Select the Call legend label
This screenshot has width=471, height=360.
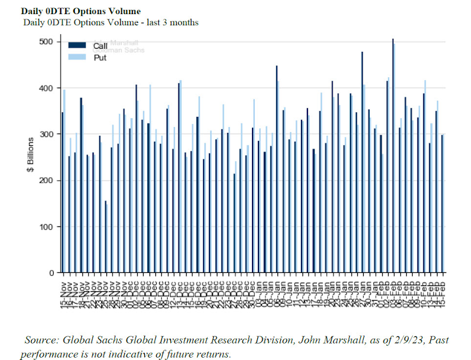101,46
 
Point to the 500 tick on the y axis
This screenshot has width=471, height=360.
47,42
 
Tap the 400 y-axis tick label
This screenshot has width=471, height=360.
47,88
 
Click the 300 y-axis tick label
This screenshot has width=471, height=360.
47,134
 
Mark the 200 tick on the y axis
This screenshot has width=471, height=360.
47,181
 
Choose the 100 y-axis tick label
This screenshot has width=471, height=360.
47,226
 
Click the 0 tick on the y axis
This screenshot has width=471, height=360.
51,273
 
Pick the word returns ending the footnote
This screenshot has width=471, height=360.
214,354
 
